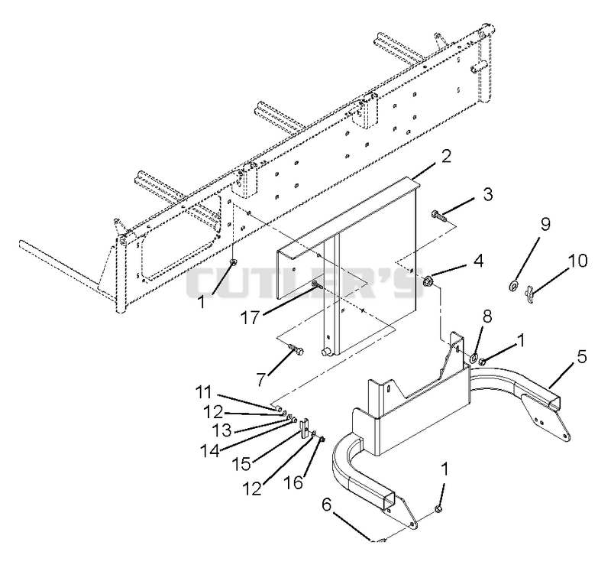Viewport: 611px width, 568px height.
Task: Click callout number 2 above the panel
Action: point(445,156)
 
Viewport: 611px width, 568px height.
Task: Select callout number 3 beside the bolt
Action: point(487,194)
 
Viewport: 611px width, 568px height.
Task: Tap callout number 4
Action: point(478,261)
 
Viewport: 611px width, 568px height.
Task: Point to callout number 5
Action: point(581,356)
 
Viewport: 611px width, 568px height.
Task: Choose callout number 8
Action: point(487,316)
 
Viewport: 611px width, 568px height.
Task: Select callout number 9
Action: point(545,224)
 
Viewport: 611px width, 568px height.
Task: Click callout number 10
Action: point(577,261)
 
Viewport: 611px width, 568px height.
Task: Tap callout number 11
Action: point(203,392)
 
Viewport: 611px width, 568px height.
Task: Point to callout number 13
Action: point(221,430)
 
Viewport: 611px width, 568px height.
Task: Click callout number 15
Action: point(241,464)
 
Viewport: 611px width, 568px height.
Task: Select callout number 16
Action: point(293,482)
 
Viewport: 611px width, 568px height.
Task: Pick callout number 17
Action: point(250,317)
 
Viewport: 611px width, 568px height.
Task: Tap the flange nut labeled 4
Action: point(428,280)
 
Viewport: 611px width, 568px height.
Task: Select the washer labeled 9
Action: point(513,286)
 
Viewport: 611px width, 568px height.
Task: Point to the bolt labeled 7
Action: point(296,349)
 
